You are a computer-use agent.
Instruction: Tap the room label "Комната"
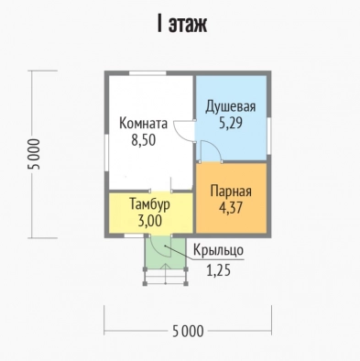pos(143,124)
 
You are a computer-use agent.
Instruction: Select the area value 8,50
pos(144,140)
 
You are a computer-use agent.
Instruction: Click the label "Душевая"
pos(231,107)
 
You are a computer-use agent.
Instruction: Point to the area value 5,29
pos(231,123)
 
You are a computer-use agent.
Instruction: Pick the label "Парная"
pos(231,191)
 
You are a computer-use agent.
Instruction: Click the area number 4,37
pos(231,208)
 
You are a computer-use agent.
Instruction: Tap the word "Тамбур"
pos(149,204)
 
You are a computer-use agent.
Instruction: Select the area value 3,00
pos(150,221)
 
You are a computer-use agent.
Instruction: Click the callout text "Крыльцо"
pos(218,250)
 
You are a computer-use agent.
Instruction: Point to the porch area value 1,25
pos(218,270)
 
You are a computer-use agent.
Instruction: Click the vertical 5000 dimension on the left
pos(34,154)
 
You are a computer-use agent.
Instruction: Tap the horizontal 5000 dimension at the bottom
pos(188,331)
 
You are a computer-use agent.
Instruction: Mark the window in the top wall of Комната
pos(147,73)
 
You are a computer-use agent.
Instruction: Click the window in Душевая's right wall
pos(268,136)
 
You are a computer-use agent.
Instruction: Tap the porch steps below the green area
pos(165,277)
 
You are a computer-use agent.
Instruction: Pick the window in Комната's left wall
pos(107,153)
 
